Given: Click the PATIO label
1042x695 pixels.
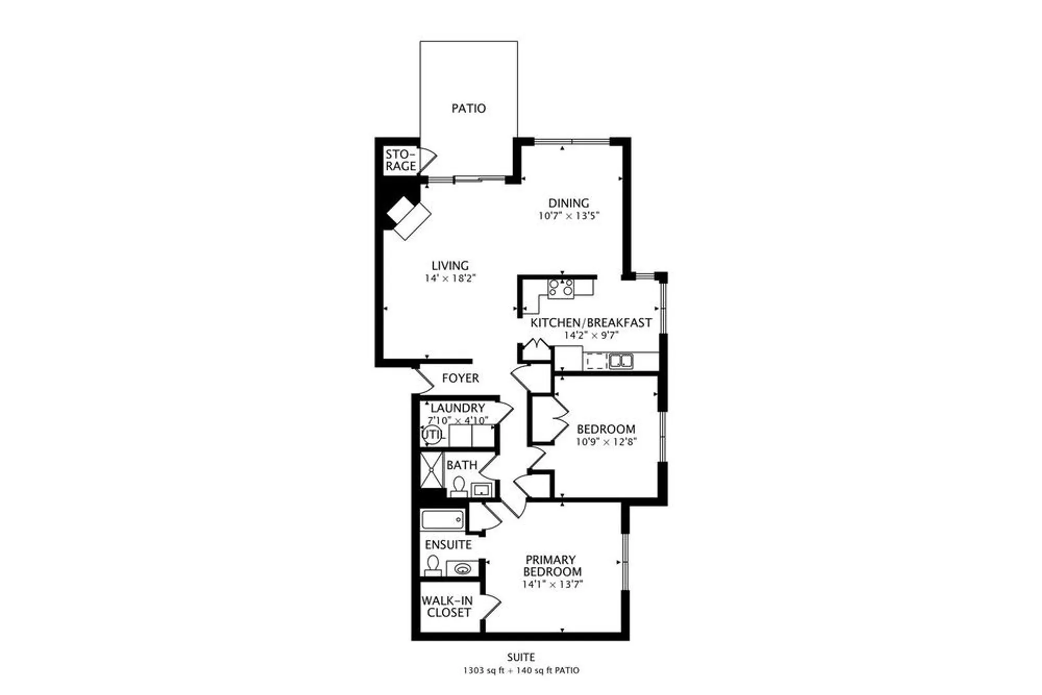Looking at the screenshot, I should [x=468, y=108].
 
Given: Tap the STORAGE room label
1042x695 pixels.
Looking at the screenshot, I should [x=401, y=160].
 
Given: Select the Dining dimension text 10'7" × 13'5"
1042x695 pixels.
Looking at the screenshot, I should [x=569, y=216].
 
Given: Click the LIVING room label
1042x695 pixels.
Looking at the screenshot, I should [x=450, y=265].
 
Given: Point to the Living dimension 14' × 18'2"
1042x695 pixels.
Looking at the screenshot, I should [x=450, y=278].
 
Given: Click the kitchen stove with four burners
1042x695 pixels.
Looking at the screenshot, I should [x=561, y=288].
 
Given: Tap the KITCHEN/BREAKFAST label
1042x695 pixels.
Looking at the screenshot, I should [x=591, y=322].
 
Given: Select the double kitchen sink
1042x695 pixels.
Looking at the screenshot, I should [x=621, y=361].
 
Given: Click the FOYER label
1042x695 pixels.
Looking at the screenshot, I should [x=460, y=378].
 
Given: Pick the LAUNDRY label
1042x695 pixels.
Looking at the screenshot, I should [x=457, y=408].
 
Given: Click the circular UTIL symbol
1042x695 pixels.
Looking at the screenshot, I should [x=432, y=435].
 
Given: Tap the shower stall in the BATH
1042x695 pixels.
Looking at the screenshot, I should [x=431, y=469].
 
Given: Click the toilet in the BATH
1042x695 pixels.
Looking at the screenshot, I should [x=458, y=486].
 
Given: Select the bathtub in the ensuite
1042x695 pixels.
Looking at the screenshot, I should [x=442, y=520].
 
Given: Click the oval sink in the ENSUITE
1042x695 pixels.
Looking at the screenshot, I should [x=463, y=568].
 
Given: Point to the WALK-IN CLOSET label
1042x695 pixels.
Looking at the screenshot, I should [x=448, y=606].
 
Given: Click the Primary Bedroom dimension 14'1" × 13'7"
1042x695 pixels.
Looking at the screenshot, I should [x=552, y=585].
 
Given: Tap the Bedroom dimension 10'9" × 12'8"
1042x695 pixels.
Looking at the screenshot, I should [x=606, y=442].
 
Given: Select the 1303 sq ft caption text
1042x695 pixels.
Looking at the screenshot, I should [x=483, y=671].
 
